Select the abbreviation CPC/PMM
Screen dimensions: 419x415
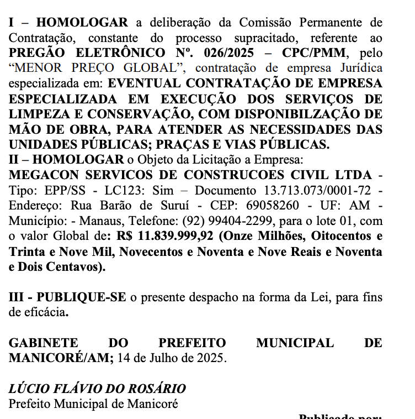click(318, 54)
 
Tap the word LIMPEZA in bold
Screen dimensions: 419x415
click(36, 114)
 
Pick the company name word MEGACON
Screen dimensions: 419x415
click(38, 175)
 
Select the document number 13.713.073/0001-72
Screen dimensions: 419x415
click(314, 191)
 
